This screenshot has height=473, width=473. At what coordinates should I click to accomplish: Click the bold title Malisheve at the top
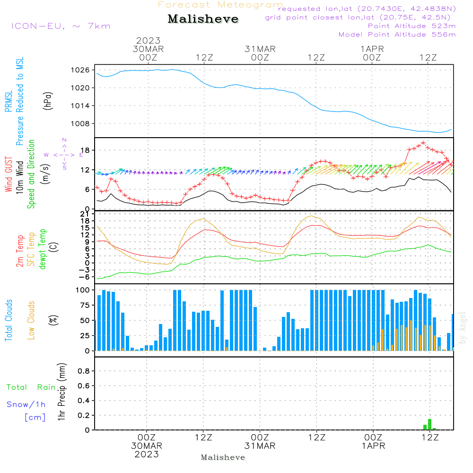click(203, 19)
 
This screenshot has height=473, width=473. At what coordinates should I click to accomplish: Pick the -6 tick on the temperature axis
click(85, 277)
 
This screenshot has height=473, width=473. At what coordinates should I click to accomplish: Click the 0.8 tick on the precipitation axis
click(84, 371)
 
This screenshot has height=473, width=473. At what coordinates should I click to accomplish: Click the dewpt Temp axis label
click(43, 249)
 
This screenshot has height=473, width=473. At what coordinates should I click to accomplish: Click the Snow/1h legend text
click(26, 404)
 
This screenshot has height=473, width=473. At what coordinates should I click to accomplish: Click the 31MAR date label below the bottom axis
click(260, 446)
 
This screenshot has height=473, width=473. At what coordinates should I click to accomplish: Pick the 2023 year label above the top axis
click(148, 41)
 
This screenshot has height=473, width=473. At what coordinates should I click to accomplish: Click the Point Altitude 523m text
click(412, 26)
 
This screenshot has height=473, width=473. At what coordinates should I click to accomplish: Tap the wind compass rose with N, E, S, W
click(64, 154)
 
